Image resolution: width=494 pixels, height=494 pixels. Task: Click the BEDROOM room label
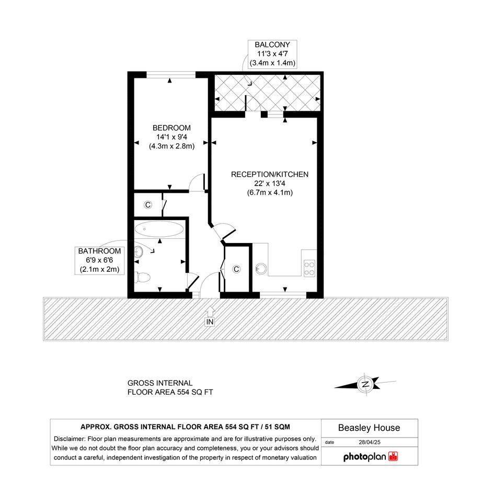[x=171, y=128]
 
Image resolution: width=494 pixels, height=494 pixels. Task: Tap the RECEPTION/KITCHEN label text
[x=270, y=175]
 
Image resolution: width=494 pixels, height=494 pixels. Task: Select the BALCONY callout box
[x=272, y=54]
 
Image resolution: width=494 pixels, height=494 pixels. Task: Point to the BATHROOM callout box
[x=99, y=260]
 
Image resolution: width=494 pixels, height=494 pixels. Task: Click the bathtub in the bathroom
[x=159, y=229]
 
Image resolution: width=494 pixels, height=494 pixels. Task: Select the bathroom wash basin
[x=139, y=251]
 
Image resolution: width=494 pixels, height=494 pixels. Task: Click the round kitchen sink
[x=261, y=269]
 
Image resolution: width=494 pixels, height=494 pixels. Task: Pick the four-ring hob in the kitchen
[x=309, y=268]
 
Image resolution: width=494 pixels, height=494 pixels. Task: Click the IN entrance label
[x=210, y=322]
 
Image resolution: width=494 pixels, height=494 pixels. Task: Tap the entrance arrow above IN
[x=210, y=312]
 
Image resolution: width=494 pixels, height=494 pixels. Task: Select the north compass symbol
[x=365, y=384]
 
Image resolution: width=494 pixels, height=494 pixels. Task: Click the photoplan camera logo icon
[x=393, y=456]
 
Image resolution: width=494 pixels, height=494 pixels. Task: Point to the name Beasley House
[x=369, y=428]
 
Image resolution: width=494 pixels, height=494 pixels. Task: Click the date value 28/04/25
[x=370, y=442]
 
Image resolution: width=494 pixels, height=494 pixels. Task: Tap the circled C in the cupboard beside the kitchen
[x=236, y=269]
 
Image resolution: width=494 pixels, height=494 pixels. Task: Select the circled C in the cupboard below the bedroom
[x=148, y=205]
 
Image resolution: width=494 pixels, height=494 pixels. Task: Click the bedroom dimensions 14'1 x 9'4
[x=171, y=137]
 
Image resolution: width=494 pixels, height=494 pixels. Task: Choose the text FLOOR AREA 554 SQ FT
[x=170, y=392]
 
